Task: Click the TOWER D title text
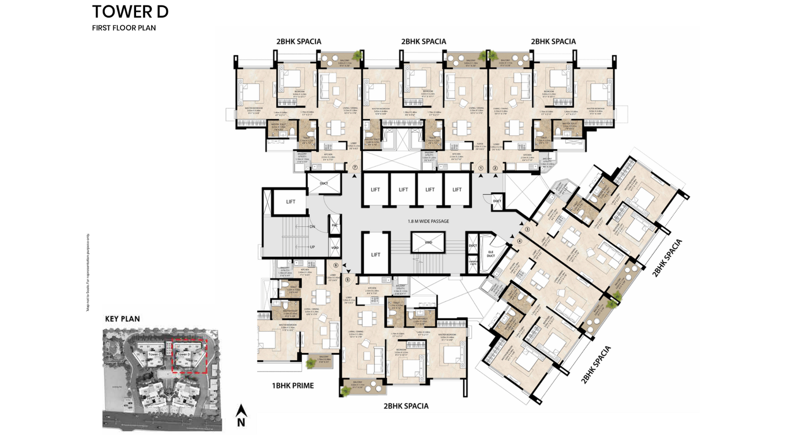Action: point(130,12)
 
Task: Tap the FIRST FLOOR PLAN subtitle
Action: point(124,28)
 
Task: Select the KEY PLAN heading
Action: point(122,319)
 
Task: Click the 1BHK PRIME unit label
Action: point(293,386)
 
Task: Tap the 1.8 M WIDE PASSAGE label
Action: point(428,221)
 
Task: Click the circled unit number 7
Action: point(355,168)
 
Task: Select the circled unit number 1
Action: point(481,168)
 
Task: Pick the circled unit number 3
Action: point(527,229)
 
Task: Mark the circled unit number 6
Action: point(336,266)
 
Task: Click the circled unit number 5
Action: point(347,280)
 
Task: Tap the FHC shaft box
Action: point(335,225)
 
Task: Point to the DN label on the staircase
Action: point(312,227)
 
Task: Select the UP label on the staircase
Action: point(312,246)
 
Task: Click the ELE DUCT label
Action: point(491,254)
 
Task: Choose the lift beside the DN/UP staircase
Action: point(291,201)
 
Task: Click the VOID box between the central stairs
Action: point(428,243)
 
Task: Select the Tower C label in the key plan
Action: point(154,354)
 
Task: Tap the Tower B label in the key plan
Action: point(184,397)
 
